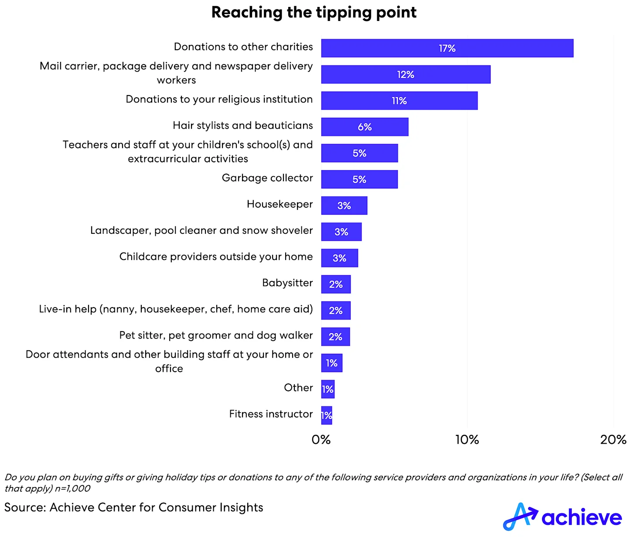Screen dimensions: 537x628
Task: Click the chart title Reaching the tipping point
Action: (314, 12)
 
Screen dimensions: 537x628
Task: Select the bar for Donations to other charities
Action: (447, 48)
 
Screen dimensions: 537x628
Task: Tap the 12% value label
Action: (406, 75)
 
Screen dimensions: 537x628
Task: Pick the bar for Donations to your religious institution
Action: (399, 101)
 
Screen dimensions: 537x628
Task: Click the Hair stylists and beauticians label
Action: (242, 126)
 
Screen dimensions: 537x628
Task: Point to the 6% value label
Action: (365, 127)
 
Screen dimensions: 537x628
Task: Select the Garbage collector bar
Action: (359, 179)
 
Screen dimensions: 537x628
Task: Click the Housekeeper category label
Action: (280, 204)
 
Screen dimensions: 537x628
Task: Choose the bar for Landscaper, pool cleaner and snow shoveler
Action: (341, 232)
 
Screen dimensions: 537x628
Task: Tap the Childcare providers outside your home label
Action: (216, 257)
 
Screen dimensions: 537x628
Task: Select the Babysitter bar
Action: (336, 284)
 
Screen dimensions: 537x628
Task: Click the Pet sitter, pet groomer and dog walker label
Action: (216, 335)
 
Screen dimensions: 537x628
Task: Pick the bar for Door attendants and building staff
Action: (331, 363)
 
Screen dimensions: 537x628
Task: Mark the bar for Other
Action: (328, 389)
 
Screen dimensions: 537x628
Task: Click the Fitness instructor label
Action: (271, 414)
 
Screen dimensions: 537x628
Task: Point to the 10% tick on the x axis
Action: (467, 440)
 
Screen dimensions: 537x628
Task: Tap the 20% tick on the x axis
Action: (613, 440)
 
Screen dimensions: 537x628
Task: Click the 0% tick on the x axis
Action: (321, 440)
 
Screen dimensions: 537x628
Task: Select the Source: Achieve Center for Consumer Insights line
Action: (133, 507)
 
